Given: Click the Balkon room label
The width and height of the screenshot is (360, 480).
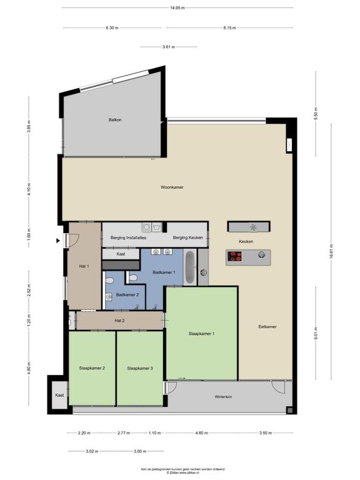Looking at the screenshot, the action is [x=115, y=120].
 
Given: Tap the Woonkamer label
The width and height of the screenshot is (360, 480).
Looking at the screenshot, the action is [x=172, y=187].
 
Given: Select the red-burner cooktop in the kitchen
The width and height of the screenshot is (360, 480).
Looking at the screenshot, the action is [x=236, y=256].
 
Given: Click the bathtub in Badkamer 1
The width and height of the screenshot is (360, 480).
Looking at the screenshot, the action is [x=190, y=267].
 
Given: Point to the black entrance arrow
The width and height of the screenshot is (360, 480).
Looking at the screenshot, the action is [x=58, y=241].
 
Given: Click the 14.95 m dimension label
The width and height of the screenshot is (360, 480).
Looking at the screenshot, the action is [x=177, y=8].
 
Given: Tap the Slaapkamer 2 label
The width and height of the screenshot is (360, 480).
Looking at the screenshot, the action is [x=92, y=368].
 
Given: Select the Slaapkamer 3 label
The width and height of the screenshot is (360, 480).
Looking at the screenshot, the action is [x=140, y=368].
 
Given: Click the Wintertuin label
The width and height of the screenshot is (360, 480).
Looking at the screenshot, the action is [x=223, y=397].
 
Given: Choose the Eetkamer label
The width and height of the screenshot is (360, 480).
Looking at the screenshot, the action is [x=267, y=327].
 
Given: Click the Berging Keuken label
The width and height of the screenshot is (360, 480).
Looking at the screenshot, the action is [x=188, y=237].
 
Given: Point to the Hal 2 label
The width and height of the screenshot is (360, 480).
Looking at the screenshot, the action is [x=119, y=321].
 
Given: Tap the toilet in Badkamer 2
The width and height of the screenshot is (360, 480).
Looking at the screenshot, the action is [x=109, y=281].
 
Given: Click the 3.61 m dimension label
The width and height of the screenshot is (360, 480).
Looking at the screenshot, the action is [x=169, y=47].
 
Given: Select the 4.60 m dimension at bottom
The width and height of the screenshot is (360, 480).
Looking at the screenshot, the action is [x=201, y=433].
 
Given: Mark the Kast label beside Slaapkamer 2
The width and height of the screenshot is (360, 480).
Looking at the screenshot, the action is [x=59, y=395].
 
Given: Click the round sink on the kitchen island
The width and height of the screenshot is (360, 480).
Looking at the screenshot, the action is [x=261, y=254].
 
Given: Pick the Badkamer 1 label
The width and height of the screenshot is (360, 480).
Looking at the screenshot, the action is [x=164, y=272].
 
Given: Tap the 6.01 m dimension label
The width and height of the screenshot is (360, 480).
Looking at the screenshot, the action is [x=316, y=333].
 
